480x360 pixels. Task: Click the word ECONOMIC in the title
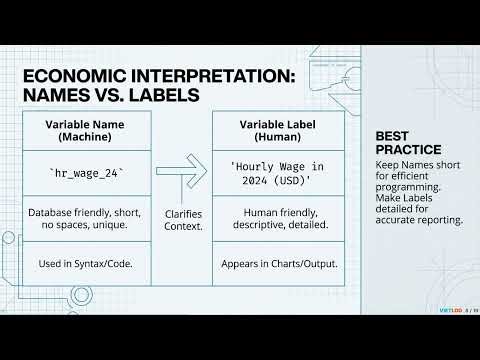click(x=67, y=76)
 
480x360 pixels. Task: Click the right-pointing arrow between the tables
click(x=183, y=173)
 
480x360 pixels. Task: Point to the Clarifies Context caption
click(x=183, y=219)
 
